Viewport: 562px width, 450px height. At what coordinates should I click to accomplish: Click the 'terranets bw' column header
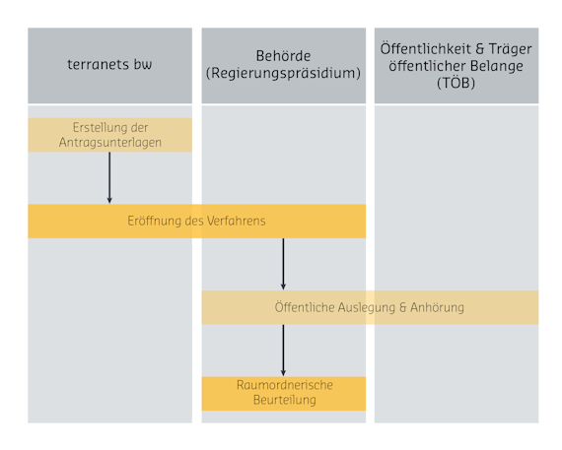click(x=109, y=66)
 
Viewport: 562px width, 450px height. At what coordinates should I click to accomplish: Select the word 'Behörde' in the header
click(x=283, y=56)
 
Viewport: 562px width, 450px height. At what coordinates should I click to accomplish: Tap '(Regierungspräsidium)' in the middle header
click(x=283, y=73)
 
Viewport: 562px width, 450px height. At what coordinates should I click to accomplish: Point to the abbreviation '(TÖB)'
click(x=456, y=83)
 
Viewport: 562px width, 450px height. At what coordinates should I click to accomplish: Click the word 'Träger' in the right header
click(x=511, y=49)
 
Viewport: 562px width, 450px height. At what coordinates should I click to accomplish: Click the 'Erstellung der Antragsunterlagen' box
click(x=109, y=135)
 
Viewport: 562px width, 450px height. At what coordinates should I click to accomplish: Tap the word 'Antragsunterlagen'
click(x=110, y=143)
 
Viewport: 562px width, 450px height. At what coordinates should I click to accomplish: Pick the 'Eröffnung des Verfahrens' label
click(x=196, y=221)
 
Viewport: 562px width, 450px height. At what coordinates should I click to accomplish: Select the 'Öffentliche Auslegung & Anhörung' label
click(x=370, y=307)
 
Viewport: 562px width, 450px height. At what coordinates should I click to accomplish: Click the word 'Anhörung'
click(x=437, y=307)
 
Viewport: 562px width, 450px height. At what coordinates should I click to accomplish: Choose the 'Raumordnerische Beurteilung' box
click(x=284, y=394)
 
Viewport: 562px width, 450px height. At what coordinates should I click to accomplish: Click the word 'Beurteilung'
click(x=285, y=400)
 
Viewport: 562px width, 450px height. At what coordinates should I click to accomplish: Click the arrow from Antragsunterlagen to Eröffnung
click(x=109, y=178)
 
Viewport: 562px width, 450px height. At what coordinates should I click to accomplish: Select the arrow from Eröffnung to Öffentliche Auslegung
click(x=283, y=264)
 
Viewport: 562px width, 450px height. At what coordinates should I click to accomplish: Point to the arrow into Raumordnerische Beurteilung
click(x=283, y=351)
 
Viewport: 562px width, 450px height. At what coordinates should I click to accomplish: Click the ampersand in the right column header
click(x=480, y=49)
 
